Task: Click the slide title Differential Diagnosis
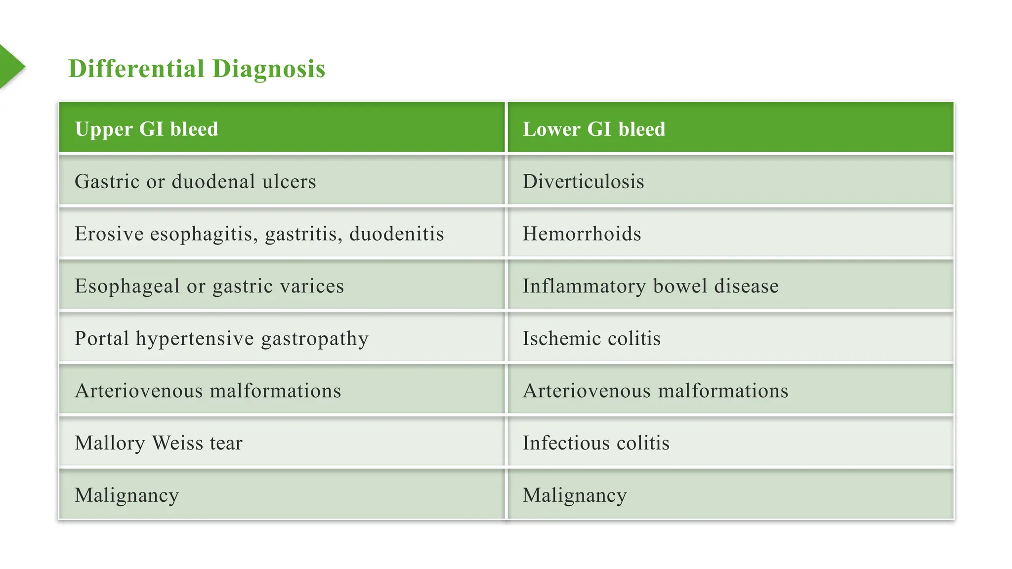click(197, 68)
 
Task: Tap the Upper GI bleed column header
click(146, 129)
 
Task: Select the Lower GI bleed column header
click(594, 129)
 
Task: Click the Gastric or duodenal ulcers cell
click(195, 181)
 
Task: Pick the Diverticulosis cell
click(583, 181)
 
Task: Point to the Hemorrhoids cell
click(582, 234)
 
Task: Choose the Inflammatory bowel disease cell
click(650, 286)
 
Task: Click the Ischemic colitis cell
click(591, 338)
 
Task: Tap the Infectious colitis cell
click(596, 443)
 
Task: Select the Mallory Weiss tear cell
click(159, 443)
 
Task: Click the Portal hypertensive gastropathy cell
click(221, 338)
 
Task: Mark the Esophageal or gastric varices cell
click(209, 286)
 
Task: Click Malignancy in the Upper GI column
click(126, 495)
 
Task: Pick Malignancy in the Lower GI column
click(575, 495)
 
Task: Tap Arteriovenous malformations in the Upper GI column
click(208, 391)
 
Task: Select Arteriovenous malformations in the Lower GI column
click(655, 391)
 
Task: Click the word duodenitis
click(396, 234)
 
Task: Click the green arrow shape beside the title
click(11, 67)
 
